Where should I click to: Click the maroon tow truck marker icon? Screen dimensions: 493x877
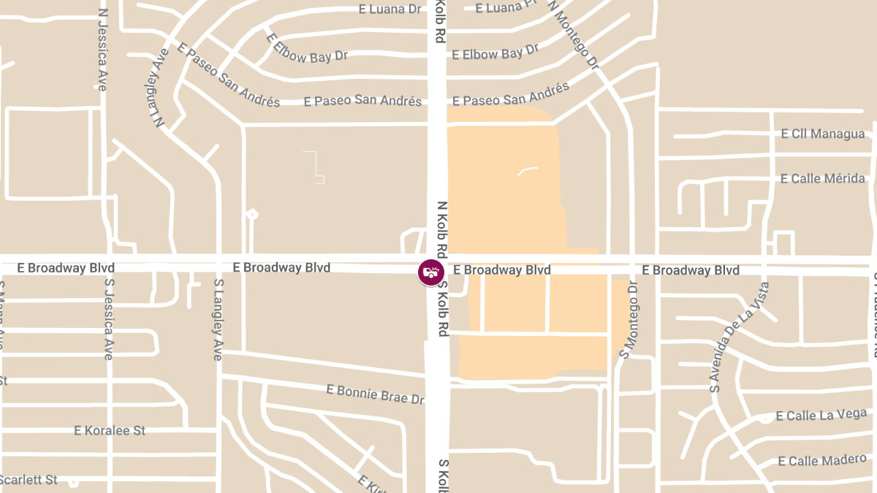tap(431, 272)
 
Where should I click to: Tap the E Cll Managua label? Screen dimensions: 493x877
tap(822, 134)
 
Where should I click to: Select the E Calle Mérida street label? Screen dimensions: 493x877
tap(822, 178)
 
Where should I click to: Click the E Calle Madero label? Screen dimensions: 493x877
tap(822, 461)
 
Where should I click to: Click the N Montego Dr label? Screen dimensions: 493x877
tap(573, 34)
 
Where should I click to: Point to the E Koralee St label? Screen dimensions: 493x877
tap(110, 430)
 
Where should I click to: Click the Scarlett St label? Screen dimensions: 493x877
tap(28, 480)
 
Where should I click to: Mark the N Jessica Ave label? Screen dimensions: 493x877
tap(102, 50)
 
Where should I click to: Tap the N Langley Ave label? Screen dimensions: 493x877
tap(162, 88)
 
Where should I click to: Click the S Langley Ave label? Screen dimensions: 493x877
tap(218, 314)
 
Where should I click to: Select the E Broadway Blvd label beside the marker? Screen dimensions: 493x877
tap(501, 270)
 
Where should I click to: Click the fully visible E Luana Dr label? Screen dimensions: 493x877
tap(391, 9)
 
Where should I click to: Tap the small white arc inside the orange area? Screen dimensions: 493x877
tap(527, 171)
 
